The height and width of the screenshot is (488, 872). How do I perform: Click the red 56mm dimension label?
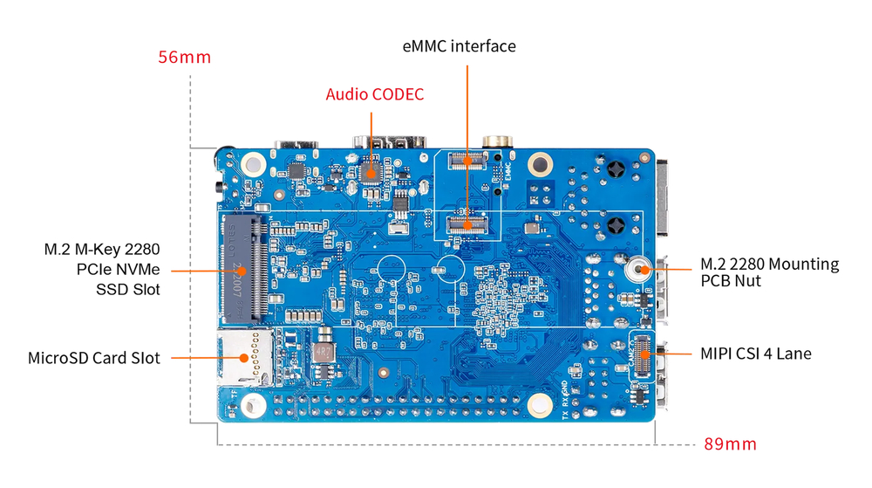coord(184,58)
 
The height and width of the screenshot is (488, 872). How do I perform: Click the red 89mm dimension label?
coord(731,444)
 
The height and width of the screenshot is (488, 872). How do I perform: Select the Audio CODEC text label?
coord(375,94)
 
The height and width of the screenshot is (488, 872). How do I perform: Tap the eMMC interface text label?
coord(459,46)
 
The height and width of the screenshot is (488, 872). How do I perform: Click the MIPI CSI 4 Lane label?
coord(756,354)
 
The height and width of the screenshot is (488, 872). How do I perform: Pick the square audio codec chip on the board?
coord(371,171)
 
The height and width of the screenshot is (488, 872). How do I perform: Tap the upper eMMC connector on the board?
coord(466,160)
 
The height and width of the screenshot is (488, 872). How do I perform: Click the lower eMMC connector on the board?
coord(466,223)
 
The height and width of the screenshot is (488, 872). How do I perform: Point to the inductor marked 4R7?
coord(324,351)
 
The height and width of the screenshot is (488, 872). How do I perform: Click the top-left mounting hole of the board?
coord(253,162)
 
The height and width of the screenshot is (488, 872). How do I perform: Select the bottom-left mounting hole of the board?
coord(253,403)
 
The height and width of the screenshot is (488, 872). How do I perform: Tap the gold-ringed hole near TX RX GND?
coord(538,403)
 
